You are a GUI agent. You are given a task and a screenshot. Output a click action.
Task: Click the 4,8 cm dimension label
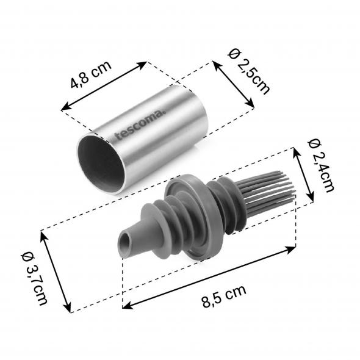click(91, 74)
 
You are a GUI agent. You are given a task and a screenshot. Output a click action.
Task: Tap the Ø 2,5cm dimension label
click(249, 72)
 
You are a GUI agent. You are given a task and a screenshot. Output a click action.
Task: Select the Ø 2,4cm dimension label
click(321, 165)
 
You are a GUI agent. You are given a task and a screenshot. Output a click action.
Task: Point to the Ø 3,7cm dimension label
click(35, 278)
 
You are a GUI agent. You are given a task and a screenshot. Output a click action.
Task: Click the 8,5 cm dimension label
click(225, 296)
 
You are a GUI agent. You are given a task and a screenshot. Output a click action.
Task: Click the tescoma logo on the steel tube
click(140, 124)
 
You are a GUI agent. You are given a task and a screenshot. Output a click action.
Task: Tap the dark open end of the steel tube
click(101, 164)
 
